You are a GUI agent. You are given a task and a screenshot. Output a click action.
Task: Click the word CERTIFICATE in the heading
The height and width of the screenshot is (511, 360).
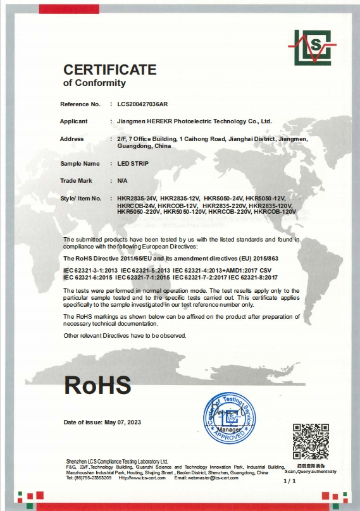[x=109, y=70]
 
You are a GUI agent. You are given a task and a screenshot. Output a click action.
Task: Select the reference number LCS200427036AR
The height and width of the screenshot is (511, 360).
[x=144, y=103]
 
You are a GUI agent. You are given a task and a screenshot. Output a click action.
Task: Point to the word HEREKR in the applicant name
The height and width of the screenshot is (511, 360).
[x=163, y=120]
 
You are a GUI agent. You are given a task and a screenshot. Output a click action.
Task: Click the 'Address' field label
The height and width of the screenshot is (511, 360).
[x=71, y=138]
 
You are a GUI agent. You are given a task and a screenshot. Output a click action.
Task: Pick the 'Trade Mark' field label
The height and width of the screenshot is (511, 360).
[x=76, y=180]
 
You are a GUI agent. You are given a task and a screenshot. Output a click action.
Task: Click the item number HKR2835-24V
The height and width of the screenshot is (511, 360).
[x=137, y=199]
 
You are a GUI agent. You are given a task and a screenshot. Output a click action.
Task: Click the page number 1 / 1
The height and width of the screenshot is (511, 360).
[x=290, y=481]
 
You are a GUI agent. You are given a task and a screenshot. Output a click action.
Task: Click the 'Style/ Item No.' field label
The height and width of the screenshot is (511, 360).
[x=81, y=199]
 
